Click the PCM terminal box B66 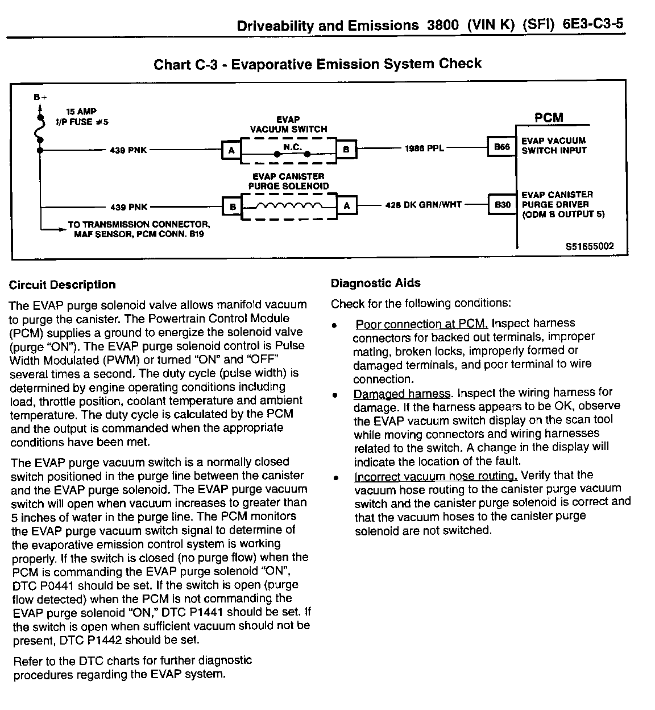point(501,147)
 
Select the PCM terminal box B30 point(502,204)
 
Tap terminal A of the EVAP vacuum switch point(231,150)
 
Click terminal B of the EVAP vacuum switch point(346,150)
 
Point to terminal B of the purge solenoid point(232,207)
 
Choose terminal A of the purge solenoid point(347,206)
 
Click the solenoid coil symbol point(290,206)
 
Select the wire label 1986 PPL point(424,148)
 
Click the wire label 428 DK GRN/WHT point(424,205)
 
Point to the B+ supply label point(40,97)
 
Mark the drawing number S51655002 point(590,246)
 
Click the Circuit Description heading point(63,285)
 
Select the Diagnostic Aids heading point(376,283)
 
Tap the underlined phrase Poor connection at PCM point(421,324)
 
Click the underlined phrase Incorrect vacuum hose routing point(435,476)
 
